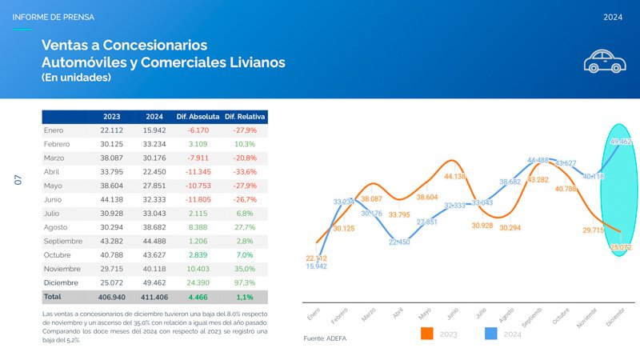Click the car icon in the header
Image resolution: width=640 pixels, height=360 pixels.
tap(604, 61)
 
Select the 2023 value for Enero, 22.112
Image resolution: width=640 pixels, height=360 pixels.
tap(111, 130)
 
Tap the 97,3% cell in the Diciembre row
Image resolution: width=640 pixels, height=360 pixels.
tap(246, 282)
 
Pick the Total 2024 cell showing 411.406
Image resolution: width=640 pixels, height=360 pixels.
tap(154, 296)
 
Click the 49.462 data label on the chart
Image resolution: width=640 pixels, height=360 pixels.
tap(621, 142)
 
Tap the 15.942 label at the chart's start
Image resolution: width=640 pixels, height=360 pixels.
tap(316, 266)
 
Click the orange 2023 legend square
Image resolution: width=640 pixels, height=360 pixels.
tap(426, 334)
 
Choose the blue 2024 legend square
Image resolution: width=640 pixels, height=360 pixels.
tap(492, 334)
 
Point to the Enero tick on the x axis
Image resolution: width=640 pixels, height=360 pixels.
tap(313, 316)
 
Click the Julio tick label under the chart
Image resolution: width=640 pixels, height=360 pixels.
tap(481, 315)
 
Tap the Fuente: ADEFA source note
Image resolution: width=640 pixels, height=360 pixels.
tap(326, 339)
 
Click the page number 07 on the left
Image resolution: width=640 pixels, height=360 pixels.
tap(18, 180)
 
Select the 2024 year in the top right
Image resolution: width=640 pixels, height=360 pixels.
tap(613, 17)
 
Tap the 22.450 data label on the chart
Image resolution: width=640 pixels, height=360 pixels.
tap(399, 242)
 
